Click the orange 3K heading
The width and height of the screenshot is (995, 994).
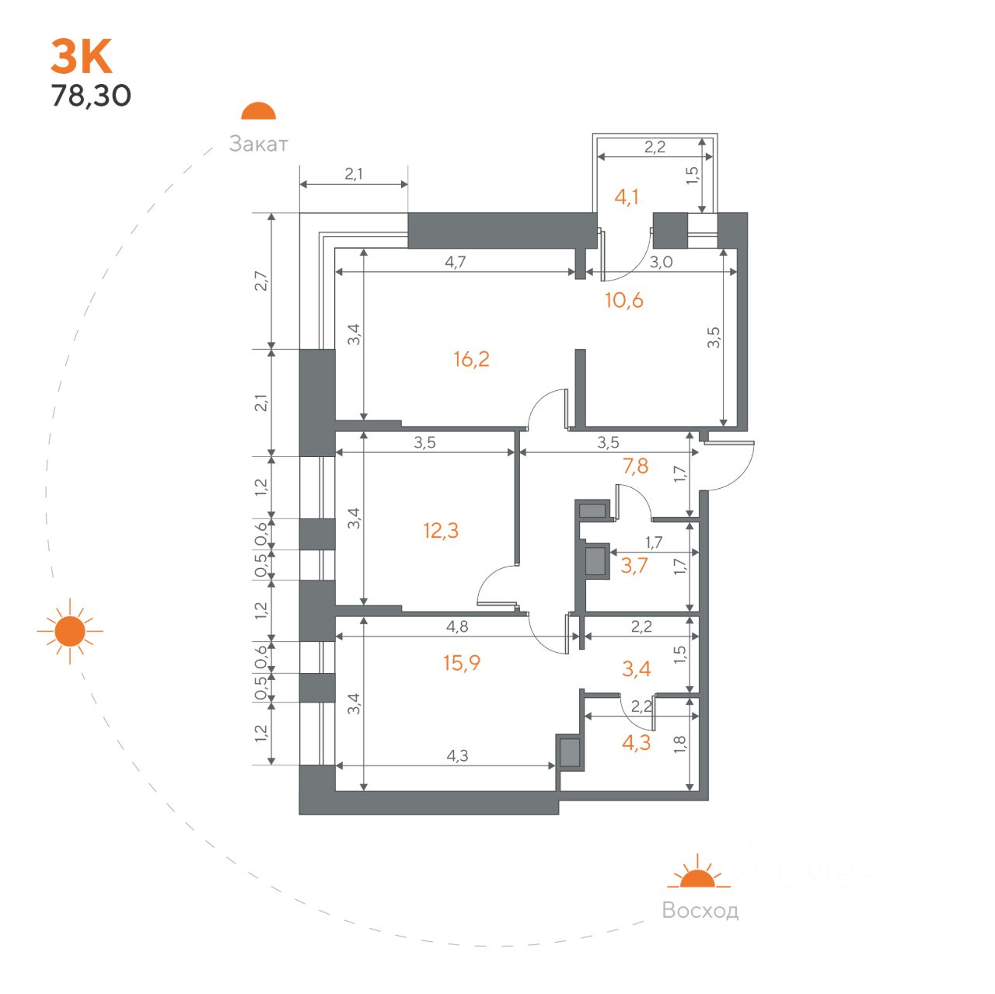coord(81,57)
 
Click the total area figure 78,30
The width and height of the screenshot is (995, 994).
coord(91,96)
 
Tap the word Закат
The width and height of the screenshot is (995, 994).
coord(258,144)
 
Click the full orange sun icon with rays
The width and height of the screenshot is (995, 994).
coord(70,630)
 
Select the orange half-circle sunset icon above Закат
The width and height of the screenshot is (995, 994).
coord(258,110)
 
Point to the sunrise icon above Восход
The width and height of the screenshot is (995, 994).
coord(697,871)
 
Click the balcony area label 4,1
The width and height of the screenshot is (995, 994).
coord(626,197)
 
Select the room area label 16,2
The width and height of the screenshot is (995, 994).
coord(471,359)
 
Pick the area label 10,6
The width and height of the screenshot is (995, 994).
coord(623,300)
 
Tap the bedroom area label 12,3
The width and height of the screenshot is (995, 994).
coord(441,530)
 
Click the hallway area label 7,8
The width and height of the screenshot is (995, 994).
coord(635,466)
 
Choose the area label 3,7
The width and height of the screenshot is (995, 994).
coord(634,566)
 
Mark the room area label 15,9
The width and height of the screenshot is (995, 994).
coord(462,663)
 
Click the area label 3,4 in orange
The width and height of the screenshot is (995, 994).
coord(636,668)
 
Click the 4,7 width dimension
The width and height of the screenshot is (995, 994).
coord(455,262)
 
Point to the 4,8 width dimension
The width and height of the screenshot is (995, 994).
coord(457,626)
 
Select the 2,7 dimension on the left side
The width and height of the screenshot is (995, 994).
coord(262,281)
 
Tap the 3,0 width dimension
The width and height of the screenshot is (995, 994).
coord(661,262)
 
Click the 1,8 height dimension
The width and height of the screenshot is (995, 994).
coord(679,744)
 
